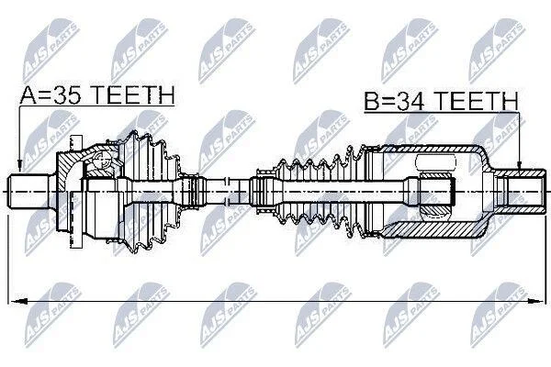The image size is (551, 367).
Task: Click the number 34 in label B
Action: tap(413, 100)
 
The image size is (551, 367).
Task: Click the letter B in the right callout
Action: tap(371, 101)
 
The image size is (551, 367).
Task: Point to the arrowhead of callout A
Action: tap(20, 166)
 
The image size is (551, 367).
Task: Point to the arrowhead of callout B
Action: tap(520, 165)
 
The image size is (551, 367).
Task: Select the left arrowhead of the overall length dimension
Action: tap(18, 301)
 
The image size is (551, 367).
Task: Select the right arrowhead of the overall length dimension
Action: tap(534, 301)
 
